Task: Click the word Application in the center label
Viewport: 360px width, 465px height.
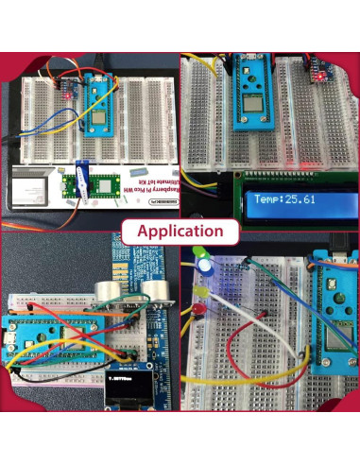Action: tap(180, 231)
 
